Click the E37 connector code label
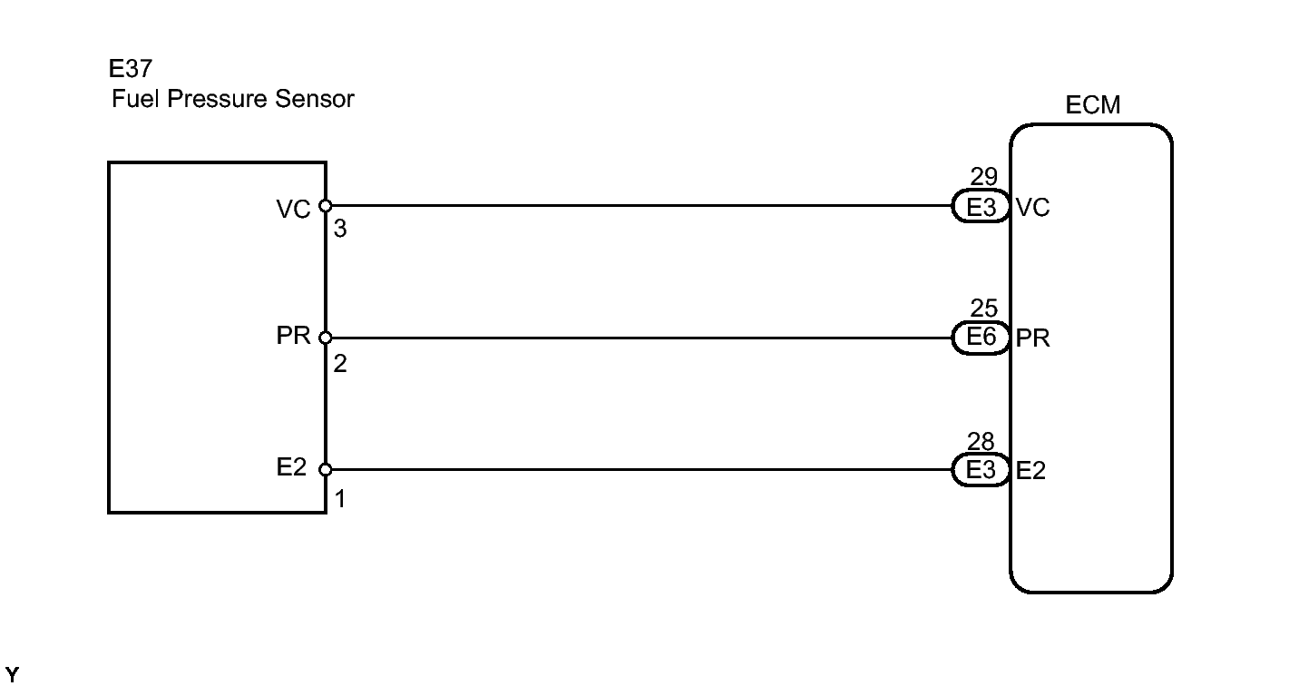[x=131, y=71]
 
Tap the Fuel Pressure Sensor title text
[x=232, y=100]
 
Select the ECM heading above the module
[x=1092, y=106]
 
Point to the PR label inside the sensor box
[x=293, y=338]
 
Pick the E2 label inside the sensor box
[x=293, y=469]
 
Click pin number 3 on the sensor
[x=339, y=230]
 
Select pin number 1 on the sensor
[x=339, y=497]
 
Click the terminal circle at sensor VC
[x=326, y=206]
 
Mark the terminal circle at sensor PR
[x=326, y=338]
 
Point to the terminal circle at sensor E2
[x=326, y=470]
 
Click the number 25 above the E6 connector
[x=983, y=310]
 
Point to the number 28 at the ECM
[x=982, y=443]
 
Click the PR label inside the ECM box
[x=1033, y=338]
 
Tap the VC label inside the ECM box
[x=1033, y=208]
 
